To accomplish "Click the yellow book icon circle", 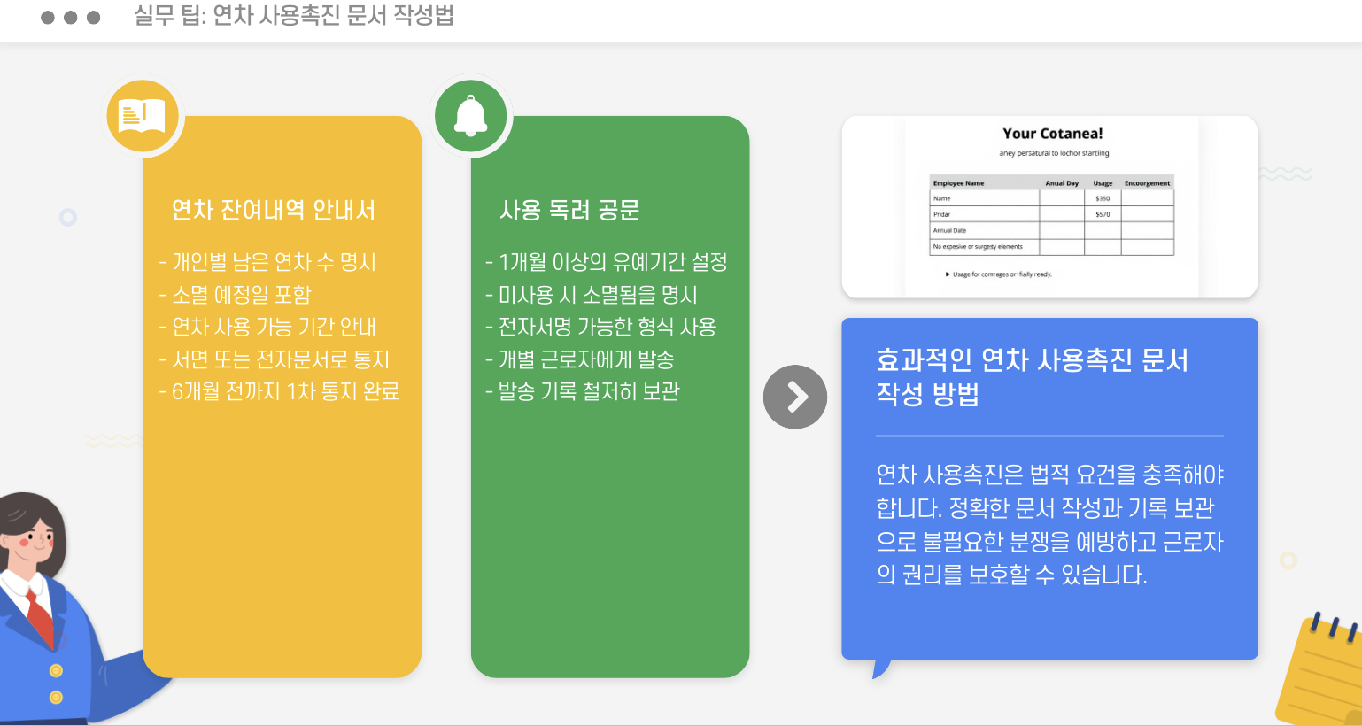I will [143, 116].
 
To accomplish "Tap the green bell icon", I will [470, 116].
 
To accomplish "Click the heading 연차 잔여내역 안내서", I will [274, 210].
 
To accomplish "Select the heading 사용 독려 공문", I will [569, 210].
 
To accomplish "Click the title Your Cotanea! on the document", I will [1052, 134].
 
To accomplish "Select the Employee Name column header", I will [958, 183].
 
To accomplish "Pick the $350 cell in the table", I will [1103, 198].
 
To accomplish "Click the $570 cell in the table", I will [1103, 214].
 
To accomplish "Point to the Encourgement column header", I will [1147, 183].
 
